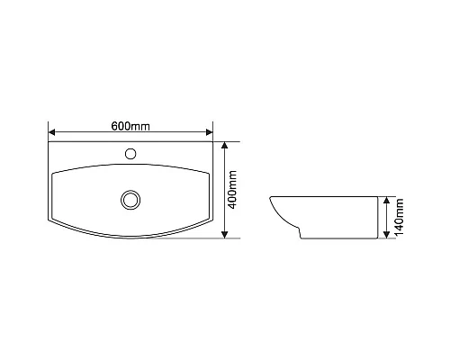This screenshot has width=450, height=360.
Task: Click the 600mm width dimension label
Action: [x=130, y=125]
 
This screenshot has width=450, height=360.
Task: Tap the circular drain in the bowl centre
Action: [x=130, y=198]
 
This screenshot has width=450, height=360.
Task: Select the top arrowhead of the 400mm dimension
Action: [x=225, y=145]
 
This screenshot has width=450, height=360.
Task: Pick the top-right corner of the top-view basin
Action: [x=213, y=141]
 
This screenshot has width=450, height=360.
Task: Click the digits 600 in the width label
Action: [x=121, y=125]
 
